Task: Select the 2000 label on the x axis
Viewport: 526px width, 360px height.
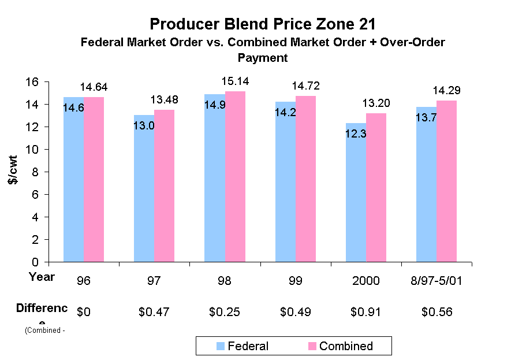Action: (x=366, y=281)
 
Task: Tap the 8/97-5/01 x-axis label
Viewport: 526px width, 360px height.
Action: (x=437, y=281)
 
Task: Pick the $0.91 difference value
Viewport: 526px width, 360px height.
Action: (x=366, y=312)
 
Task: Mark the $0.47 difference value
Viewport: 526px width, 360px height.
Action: (x=154, y=312)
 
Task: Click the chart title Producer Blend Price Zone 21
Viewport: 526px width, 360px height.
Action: (x=263, y=24)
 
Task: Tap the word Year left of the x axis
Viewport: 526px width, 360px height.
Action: (x=42, y=277)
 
